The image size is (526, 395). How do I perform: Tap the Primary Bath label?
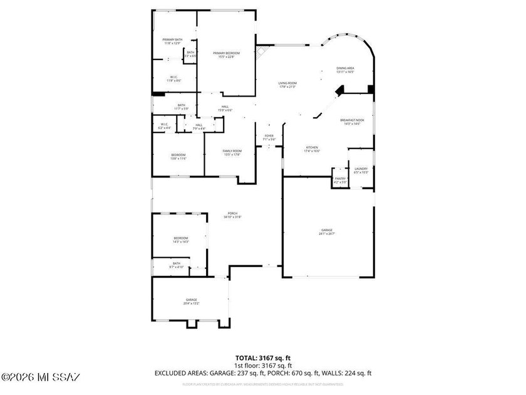tap(173, 41)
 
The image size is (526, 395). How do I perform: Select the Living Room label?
tap(287, 85)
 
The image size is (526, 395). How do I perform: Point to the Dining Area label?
tap(345, 70)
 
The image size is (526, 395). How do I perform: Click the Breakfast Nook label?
tap(352, 121)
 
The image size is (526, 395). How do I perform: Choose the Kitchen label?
tap(312, 149)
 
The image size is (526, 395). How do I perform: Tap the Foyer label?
tap(269, 137)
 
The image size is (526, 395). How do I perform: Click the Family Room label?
tap(232, 152)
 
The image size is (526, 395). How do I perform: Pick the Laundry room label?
tap(361, 170)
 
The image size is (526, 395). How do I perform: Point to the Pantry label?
tap(340, 180)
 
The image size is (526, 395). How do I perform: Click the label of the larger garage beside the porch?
tap(327, 231)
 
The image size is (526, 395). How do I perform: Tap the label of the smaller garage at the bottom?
tap(191, 301)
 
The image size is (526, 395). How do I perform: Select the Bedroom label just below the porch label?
tap(181, 240)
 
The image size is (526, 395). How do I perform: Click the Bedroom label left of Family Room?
tap(178, 157)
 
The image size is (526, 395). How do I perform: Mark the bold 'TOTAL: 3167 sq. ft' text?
tap(263, 358)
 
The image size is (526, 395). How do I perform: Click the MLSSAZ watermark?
tap(41, 377)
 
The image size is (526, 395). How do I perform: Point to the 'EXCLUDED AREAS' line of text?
tap(263, 372)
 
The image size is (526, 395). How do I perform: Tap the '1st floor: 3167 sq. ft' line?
tap(263, 365)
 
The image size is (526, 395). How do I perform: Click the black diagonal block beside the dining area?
tap(340, 91)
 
